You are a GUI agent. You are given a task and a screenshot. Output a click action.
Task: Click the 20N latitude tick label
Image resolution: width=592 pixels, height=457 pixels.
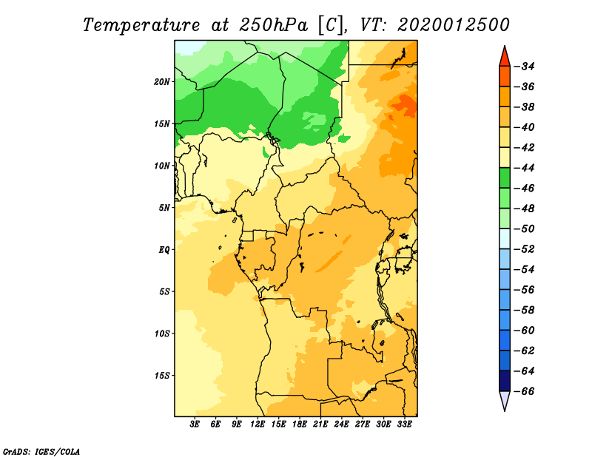pos(162,82)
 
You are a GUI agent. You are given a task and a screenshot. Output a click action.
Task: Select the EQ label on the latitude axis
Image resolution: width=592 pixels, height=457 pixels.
pos(164,250)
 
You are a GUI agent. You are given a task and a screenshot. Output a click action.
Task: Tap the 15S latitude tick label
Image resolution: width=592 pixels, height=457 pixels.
pos(162,376)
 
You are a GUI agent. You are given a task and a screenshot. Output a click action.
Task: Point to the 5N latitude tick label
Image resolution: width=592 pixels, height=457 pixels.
pos(164,208)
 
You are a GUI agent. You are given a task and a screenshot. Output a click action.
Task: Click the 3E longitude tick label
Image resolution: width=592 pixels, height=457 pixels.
pos(195,424)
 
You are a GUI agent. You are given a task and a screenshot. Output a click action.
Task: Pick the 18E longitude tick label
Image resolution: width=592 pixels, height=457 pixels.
pos(300,424)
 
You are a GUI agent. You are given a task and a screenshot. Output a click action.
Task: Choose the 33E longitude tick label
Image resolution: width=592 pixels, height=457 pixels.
pos(404,424)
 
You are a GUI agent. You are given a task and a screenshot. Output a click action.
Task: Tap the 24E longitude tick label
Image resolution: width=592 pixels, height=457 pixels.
pos(341,424)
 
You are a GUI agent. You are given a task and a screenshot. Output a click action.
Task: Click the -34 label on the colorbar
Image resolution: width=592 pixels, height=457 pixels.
pos(524,67)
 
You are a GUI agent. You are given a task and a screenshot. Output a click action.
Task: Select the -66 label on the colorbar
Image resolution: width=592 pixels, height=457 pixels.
pos(524,391)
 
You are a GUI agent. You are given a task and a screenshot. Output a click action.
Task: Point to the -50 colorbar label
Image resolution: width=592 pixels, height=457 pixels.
pos(524,229)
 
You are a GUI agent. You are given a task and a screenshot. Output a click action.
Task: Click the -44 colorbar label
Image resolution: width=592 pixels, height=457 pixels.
pos(524,168)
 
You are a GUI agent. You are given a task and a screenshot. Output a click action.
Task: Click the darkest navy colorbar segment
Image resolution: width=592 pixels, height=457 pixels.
pos(505,381)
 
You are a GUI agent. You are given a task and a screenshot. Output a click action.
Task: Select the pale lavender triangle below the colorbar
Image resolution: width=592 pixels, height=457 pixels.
pos(505,399)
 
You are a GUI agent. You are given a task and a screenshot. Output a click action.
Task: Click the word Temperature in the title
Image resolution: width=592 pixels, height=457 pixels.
pos(141,26)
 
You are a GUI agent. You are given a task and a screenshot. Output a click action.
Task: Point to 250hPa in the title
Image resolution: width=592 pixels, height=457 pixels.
pos(273,25)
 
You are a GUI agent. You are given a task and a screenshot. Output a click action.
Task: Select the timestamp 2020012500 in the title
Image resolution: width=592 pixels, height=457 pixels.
pos(454,25)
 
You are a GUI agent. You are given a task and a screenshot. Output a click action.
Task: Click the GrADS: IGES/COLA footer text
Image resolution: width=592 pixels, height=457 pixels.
pos(41,452)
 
